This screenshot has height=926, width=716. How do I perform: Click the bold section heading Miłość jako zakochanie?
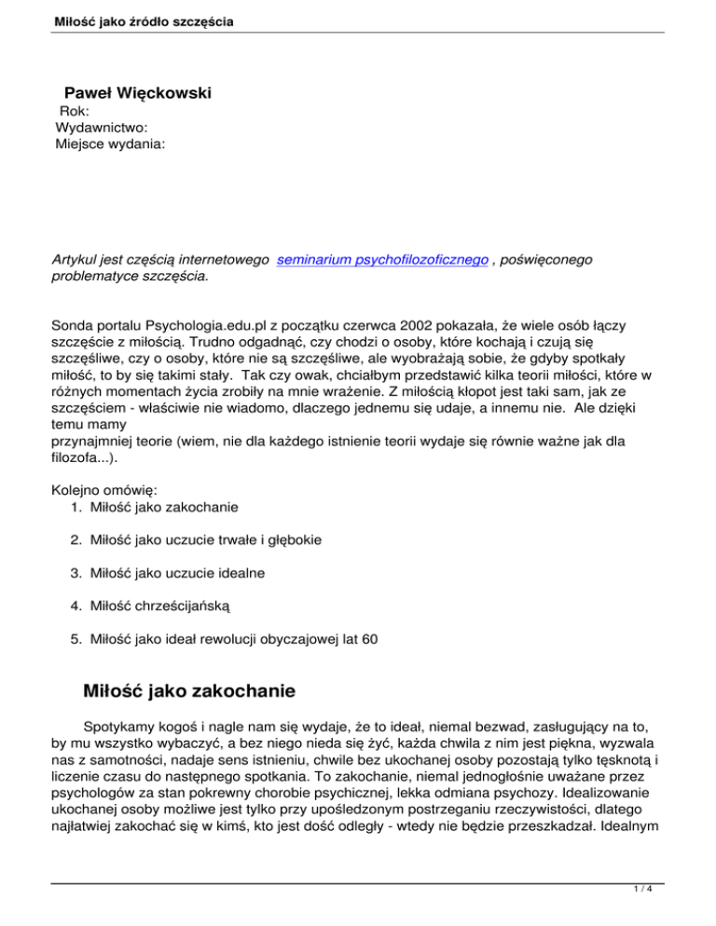pos(189,691)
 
